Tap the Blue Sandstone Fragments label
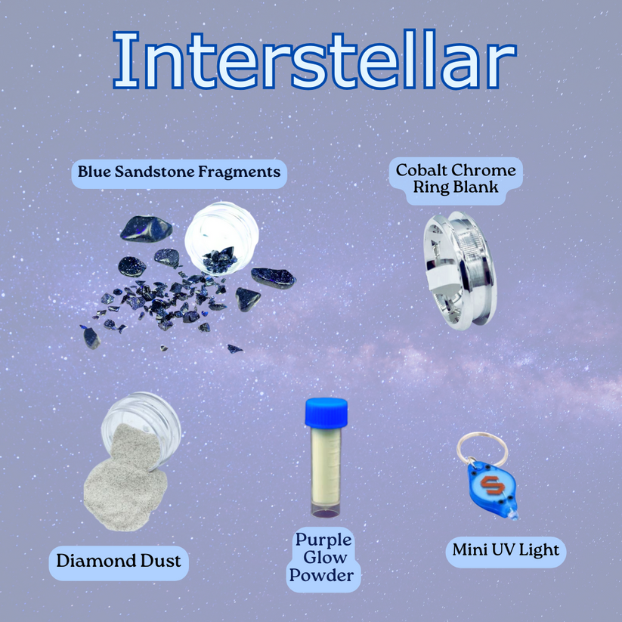click(179, 172)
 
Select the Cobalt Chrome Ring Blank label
click(456, 178)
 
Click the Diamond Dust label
click(119, 561)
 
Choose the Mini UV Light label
click(506, 550)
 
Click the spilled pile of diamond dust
click(121, 484)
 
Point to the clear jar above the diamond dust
click(141, 419)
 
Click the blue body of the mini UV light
click(490, 487)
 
